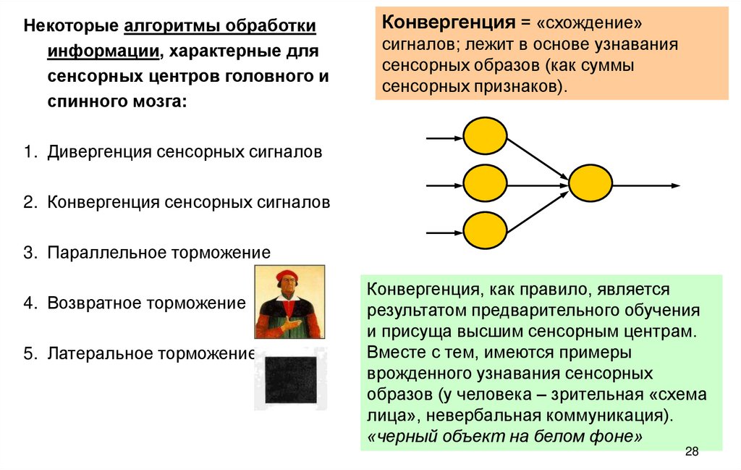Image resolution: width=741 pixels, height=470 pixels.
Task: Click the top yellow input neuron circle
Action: [x=484, y=137]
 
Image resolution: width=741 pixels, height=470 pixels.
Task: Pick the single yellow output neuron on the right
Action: [x=591, y=185]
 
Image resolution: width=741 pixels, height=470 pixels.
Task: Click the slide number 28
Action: [x=691, y=452]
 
